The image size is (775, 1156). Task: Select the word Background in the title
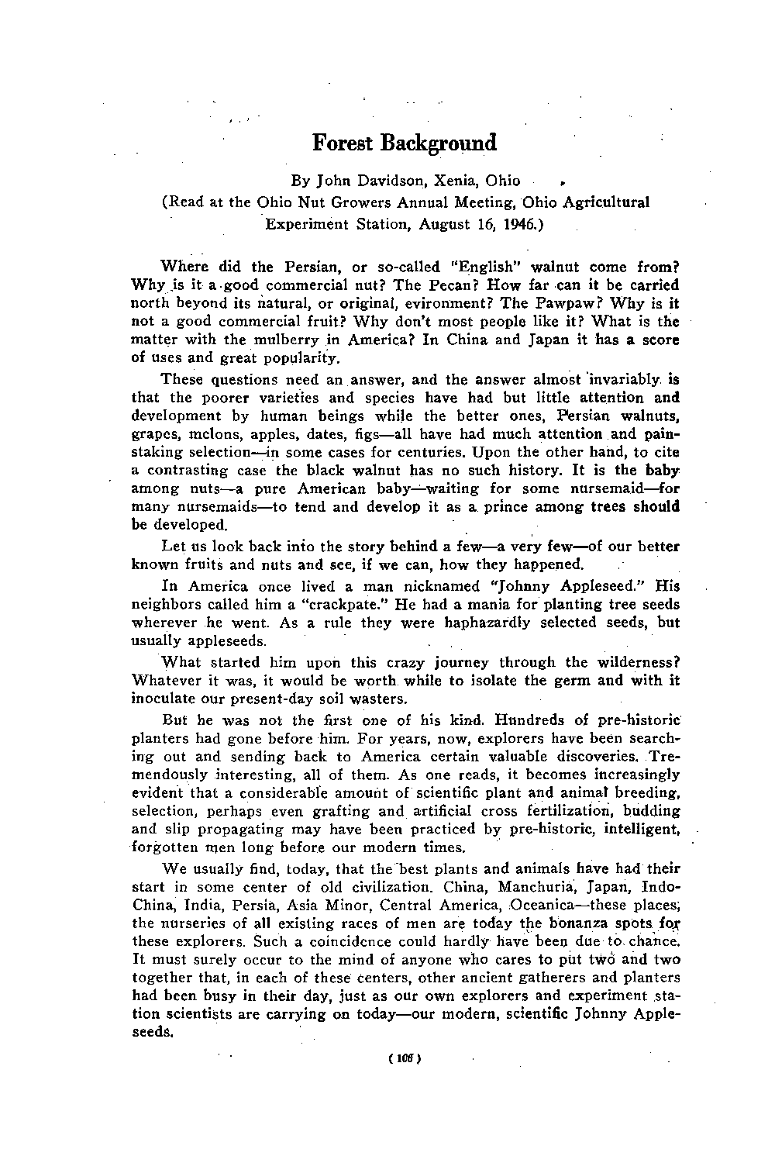(x=437, y=144)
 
